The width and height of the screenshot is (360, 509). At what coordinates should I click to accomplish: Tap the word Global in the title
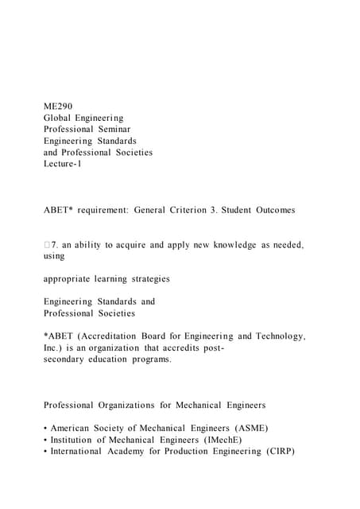59,118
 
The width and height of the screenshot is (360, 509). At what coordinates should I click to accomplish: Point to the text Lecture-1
63,163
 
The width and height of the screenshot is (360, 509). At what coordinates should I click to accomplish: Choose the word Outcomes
275,210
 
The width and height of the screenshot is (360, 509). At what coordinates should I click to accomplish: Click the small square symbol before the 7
48,245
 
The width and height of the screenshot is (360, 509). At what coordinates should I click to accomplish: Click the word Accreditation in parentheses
112,336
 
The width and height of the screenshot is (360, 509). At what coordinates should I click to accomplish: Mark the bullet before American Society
46,428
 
